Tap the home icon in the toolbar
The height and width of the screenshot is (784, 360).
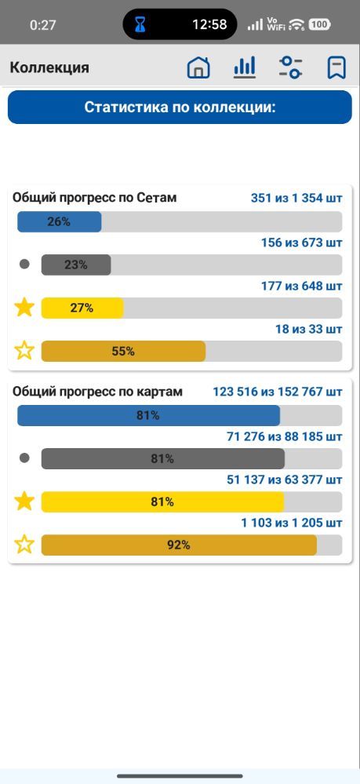pos(198,67)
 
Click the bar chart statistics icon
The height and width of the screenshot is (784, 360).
pos(245,67)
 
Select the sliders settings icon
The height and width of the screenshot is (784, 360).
pos(290,67)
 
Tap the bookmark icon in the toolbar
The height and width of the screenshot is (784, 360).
pos(336,67)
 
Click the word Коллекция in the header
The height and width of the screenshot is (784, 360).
pos(49,67)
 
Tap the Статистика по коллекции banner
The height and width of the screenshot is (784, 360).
pos(180,107)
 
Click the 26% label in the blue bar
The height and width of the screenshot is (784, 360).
pos(59,222)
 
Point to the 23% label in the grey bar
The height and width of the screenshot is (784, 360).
pos(76,265)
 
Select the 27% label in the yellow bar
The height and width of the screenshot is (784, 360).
pos(82,308)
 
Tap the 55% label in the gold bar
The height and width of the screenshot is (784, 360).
pos(123,352)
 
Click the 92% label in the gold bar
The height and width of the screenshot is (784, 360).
pos(179,545)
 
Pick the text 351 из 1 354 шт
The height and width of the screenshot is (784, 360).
pos(296,199)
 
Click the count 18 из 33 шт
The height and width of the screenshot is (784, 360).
pos(309,329)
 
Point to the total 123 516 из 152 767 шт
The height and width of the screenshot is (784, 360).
pos(278,392)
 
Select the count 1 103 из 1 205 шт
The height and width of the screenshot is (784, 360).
pos(292,523)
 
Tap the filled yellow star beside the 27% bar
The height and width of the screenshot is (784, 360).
pos(24,308)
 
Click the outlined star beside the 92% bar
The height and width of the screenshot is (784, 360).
pos(24,545)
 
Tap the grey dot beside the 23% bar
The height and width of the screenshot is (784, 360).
pos(24,264)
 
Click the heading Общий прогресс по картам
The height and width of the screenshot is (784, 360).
pos(97,392)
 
